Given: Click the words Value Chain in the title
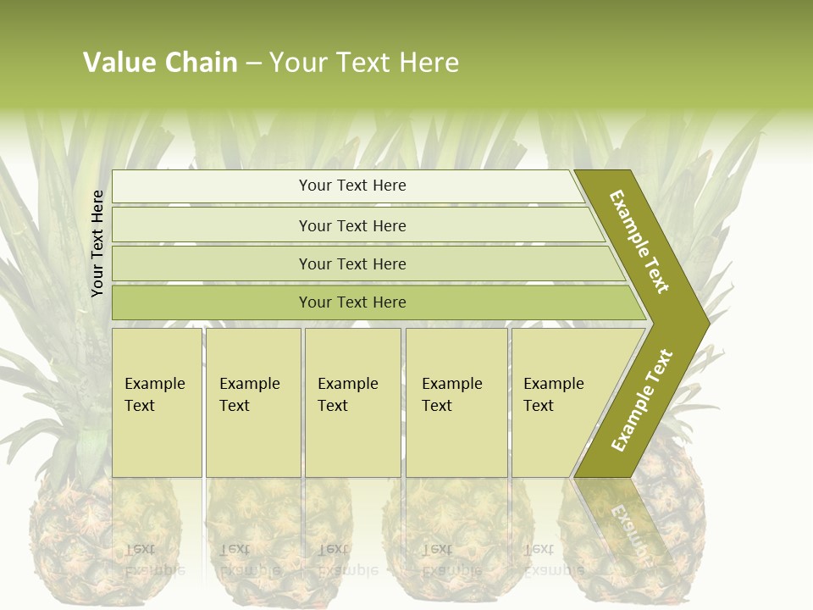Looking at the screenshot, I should (160, 63).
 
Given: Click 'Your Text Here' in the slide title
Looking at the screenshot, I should (364, 63).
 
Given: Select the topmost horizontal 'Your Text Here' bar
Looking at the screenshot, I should (351, 186).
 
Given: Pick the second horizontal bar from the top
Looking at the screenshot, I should (351, 225).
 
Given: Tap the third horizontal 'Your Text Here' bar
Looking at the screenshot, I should (351, 263).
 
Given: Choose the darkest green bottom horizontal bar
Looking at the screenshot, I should (351, 302).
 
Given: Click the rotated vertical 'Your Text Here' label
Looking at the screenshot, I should (98, 243).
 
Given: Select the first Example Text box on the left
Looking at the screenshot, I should (157, 402).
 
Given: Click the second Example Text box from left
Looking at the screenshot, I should (252, 402).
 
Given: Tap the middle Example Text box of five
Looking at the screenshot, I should (352, 402).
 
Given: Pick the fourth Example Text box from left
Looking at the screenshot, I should (456, 402).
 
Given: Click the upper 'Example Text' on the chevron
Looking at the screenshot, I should (639, 241).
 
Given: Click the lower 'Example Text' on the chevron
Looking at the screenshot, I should (642, 400).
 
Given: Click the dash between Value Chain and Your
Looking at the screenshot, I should (253, 64).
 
